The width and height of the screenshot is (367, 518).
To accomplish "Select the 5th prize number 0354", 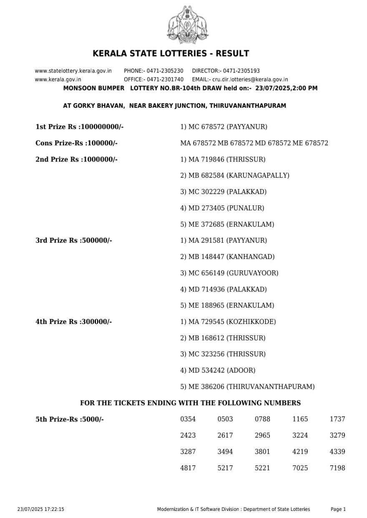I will click(x=188, y=419).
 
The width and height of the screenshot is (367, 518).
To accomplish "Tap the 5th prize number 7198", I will click(x=337, y=468).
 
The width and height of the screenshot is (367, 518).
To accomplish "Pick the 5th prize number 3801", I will click(x=262, y=452).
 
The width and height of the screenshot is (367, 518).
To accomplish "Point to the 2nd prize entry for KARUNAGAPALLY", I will click(x=234, y=175).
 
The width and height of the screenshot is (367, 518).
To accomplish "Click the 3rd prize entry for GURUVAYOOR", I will click(x=229, y=273).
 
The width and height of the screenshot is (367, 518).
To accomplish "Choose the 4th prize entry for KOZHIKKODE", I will click(x=228, y=322).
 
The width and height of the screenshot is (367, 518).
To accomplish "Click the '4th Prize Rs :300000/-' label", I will click(x=74, y=322).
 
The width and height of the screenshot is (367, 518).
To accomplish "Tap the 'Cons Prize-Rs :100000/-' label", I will click(x=76, y=143).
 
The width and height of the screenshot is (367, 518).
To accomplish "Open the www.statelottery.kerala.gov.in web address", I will click(x=73, y=71).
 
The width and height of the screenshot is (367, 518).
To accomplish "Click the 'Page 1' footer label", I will click(x=338, y=509).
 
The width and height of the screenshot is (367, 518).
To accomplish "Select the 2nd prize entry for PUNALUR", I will click(x=222, y=208).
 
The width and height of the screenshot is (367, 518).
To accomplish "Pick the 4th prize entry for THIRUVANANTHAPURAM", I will click(x=247, y=387).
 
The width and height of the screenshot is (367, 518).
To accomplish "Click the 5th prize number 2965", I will click(x=262, y=436).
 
